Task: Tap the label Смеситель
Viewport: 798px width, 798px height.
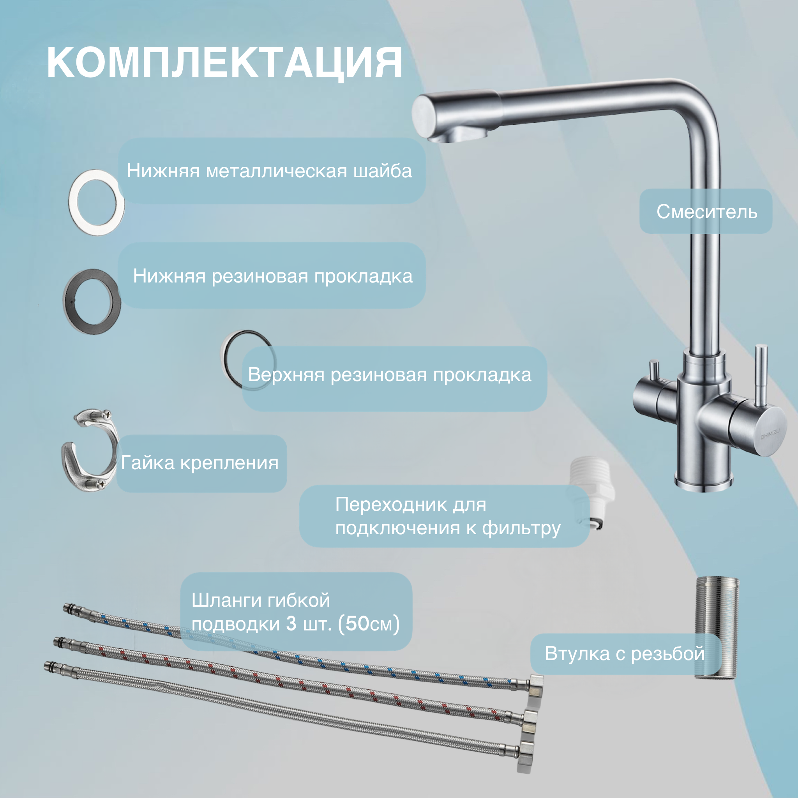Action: (x=707, y=212)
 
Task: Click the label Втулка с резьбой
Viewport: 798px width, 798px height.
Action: (x=624, y=654)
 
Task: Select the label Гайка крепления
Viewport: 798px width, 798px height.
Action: (x=199, y=463)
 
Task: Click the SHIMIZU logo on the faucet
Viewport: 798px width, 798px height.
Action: (x=770, y=434)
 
